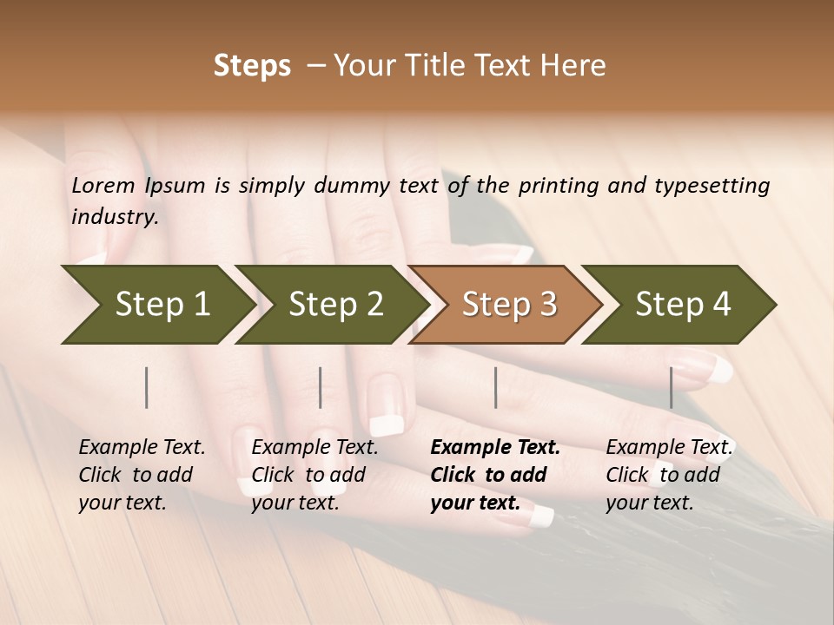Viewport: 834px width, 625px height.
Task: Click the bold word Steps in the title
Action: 252,66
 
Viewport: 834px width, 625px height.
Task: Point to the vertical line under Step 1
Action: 147,387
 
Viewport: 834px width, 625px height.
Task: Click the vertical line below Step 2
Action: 321,387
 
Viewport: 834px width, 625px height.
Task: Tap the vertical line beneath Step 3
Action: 496,387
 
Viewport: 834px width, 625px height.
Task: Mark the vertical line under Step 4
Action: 672,387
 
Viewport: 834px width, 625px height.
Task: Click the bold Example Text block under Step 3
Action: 495,475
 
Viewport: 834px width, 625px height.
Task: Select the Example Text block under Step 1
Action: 142,475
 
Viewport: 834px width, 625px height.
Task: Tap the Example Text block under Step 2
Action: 314,475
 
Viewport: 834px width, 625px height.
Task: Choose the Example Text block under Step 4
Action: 669,475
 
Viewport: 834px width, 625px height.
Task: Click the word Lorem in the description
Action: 103,186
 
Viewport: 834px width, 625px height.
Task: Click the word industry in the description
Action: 114,216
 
